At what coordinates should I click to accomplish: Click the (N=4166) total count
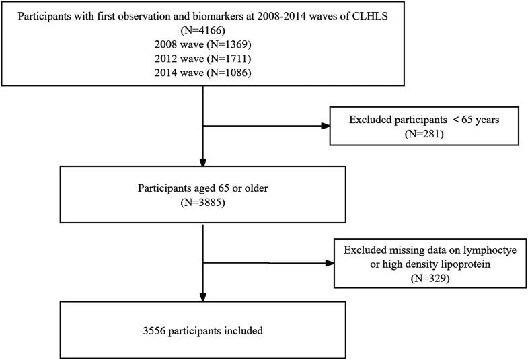tap(203, 31)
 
